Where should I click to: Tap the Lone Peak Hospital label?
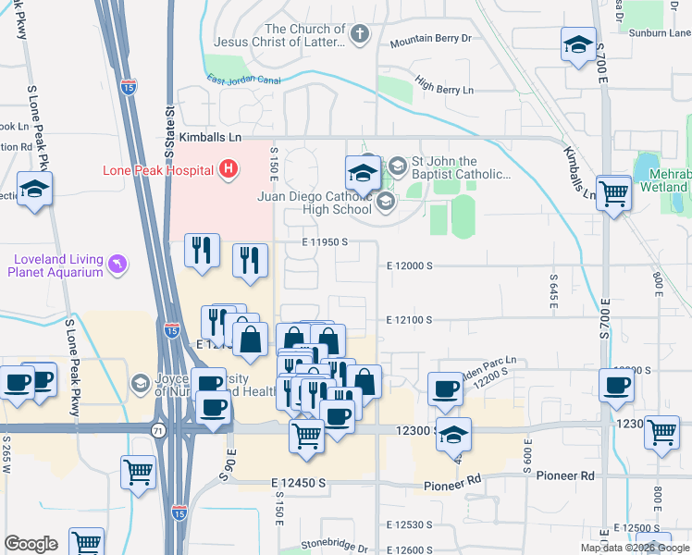pyautogui.click(x=157, y=170)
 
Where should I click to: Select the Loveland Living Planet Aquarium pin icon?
pyautogui.click(x=116, y=265)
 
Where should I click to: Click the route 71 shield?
pyautogui.click(x=159, y=429)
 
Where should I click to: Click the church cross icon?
pyautogui.click(x=360, y=35)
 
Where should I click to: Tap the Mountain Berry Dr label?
pyautogui.click(x=430, y=40)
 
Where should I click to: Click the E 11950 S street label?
pyautogui.click(x=324, y=242)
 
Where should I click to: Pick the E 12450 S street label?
pyautogui.click(x=299, y=484)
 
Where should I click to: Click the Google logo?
pyautogui.click(x=31, y=544)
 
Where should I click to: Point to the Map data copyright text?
pyautogui.click(x=635, y=548)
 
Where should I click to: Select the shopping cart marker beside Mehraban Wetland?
pyautogui.click(x=613, y=193)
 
